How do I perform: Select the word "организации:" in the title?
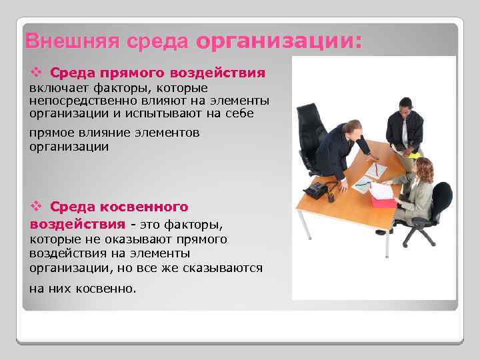280,41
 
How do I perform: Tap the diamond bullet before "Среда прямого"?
37,72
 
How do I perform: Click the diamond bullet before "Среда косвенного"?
37,207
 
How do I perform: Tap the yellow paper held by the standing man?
414,155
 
